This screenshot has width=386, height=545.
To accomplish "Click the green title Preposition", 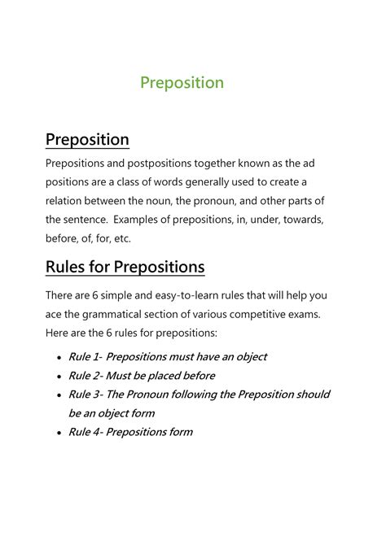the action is (x=182, y=83).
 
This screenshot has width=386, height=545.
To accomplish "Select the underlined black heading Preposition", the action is (x=87, y=139).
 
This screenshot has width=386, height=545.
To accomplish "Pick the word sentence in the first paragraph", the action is (x=86, y=220).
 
